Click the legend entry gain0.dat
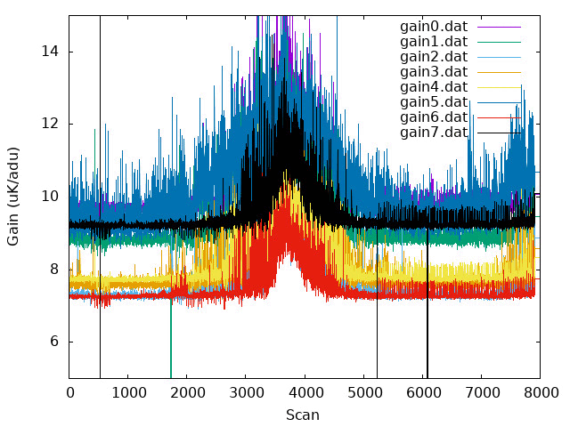[x=434, y=27]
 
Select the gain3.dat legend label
[x=434, y=72]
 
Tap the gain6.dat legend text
[x=434, y=117]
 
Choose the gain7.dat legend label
[x=434, y=133]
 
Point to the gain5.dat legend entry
[x=434, y=102]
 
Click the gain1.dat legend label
[x=434, y=42]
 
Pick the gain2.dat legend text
[x=434, y=57]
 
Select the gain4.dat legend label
[x=434, y=87]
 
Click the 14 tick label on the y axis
[x=50, y=52]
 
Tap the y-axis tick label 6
[x=54, y=342]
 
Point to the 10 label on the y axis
[x=50, y=197]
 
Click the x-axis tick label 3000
[x=246, y=393]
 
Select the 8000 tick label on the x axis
[x=541, y=393]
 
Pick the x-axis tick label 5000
[x=364, y=393]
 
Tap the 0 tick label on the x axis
[x=69, y=393]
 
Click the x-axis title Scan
[x=303, y=415]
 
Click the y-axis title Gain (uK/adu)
[x=12, y=197]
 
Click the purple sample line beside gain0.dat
[x=499, y=27]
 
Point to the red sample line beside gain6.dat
[x=499, y=117]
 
